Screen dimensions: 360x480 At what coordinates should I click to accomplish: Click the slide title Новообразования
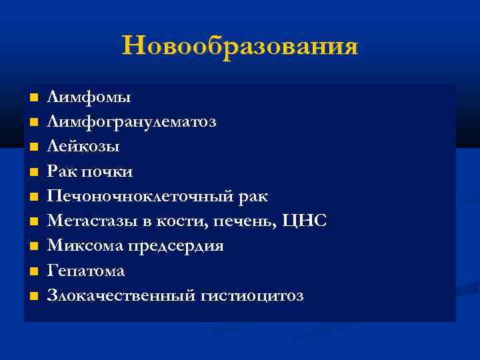coord(240,46)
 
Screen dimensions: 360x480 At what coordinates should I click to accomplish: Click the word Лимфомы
coord(89,97)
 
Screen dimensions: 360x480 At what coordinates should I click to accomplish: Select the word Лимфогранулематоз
coord(131,122)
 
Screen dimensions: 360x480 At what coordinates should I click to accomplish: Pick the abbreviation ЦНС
coord(307,221)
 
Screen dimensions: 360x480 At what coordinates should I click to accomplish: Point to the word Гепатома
coord(85,271)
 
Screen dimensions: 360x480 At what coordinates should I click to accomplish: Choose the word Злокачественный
coord(120,295)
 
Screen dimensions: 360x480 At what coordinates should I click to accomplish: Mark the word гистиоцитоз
coord(251,295)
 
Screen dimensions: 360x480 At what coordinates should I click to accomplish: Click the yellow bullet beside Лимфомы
coord(33,98)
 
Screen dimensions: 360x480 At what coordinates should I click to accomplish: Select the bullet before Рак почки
coord(33,172)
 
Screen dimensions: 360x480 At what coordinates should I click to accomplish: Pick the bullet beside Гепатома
coord(33,271)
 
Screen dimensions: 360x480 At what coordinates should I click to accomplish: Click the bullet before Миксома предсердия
coord(33,246)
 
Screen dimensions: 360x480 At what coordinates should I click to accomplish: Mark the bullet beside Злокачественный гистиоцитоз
coord(33,295)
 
